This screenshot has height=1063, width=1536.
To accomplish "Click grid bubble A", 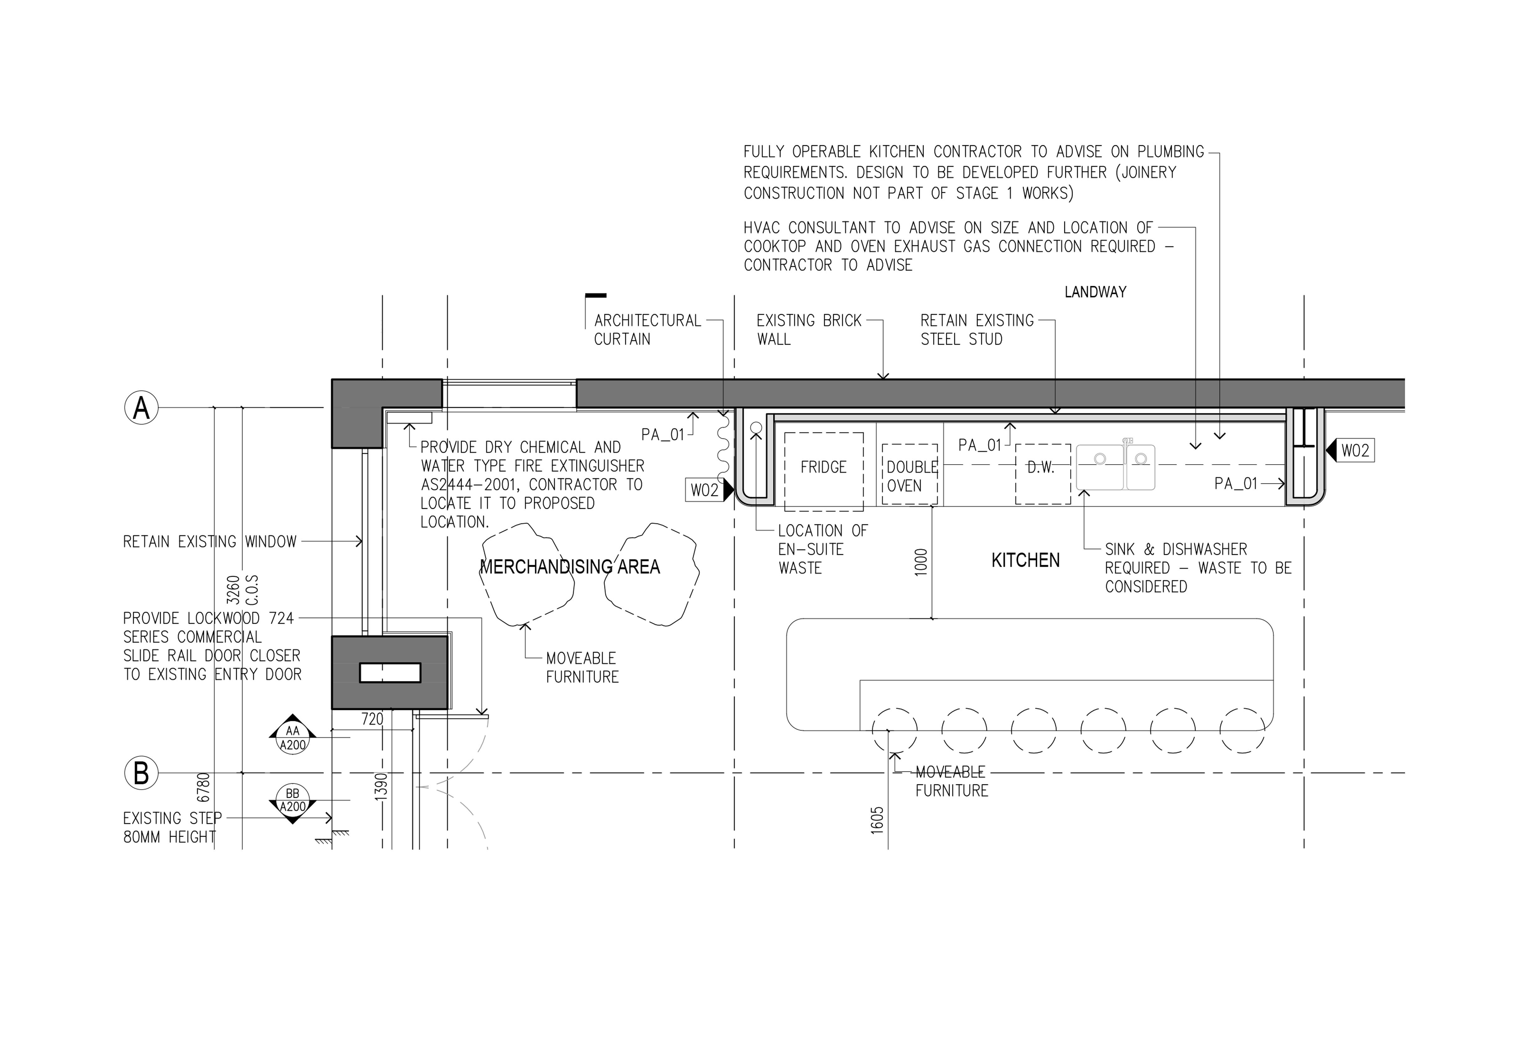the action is (x=141, y=408).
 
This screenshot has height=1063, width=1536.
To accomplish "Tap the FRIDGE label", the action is (x=823, y=467).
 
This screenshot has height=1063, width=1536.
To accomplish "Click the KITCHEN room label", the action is (x=1025, y=560).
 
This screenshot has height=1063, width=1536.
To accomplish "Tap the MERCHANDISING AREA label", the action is (x=570, y=567).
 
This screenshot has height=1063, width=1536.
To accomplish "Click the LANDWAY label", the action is (x=1095, y=292).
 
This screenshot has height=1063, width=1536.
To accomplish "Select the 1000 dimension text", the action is (x=921, y=562).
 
